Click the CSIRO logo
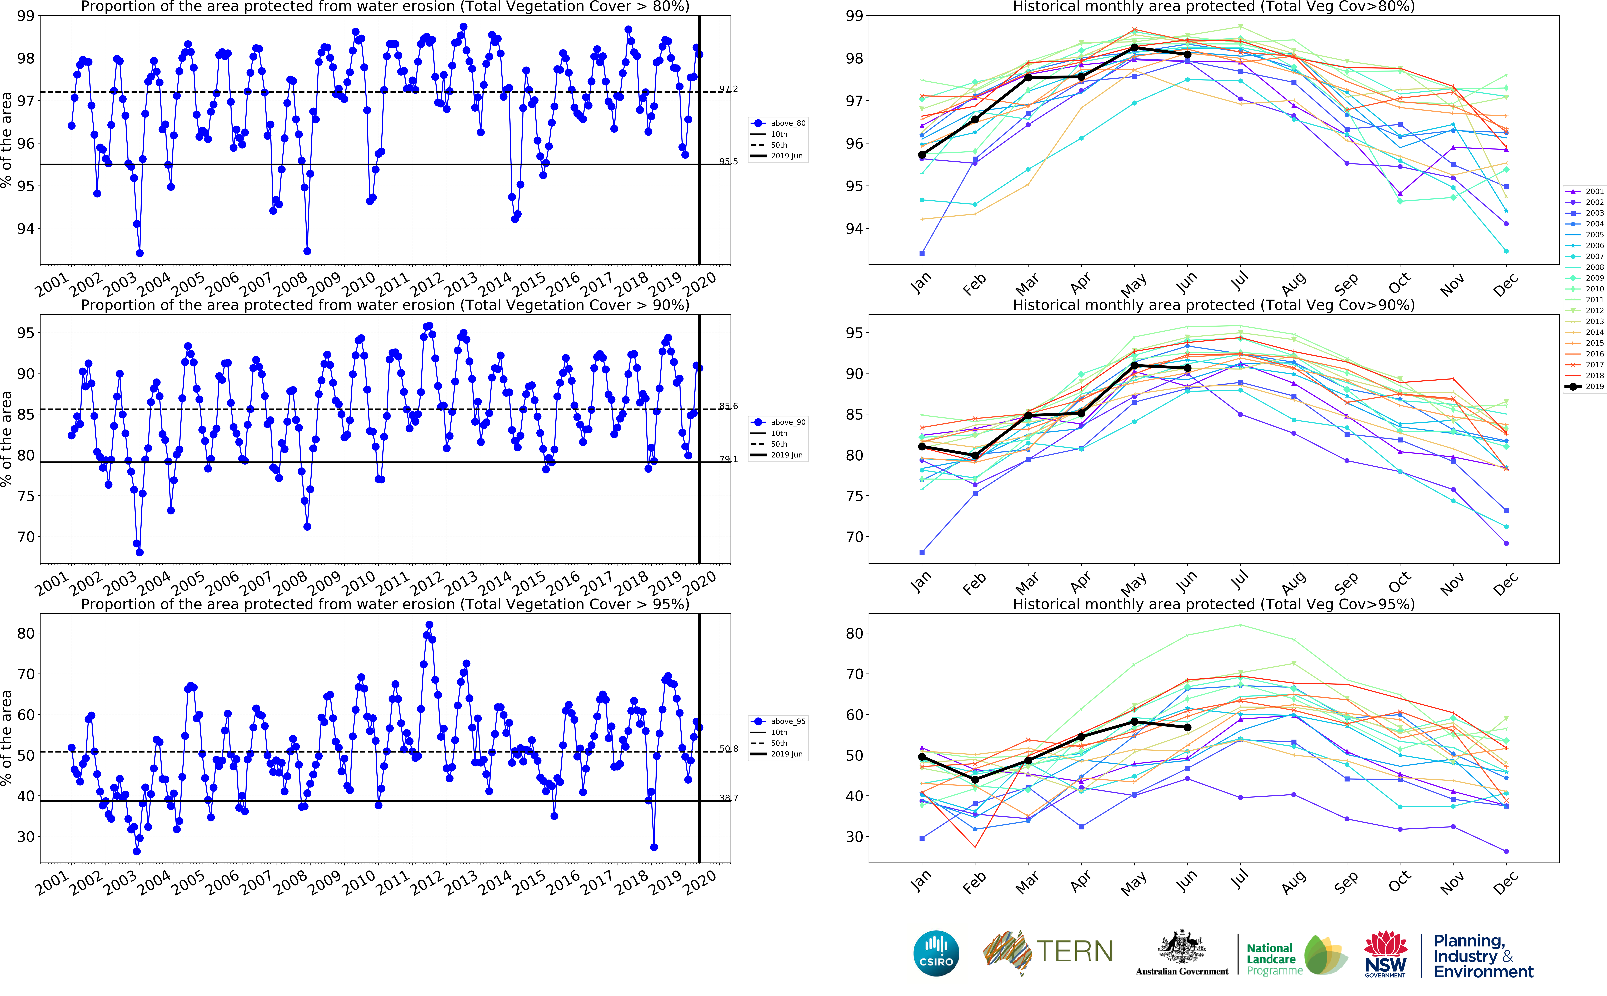(x=936, y=953)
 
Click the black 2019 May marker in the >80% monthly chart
(x=1134, y=47)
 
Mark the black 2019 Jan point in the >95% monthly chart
(x=922, y=757)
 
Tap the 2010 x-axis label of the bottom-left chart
(x=359, y=882)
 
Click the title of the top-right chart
(x=1213, y=7)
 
